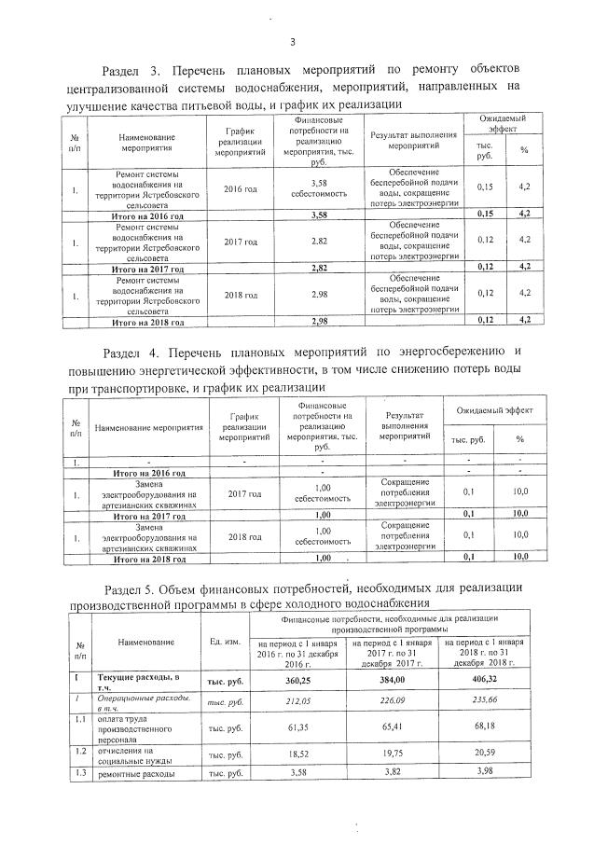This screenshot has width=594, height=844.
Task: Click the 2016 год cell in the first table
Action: (x=240, y=188)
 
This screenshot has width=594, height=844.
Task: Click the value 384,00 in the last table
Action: (x=390, y=682)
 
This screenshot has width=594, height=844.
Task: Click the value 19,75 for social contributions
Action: (x=390, y=754)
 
